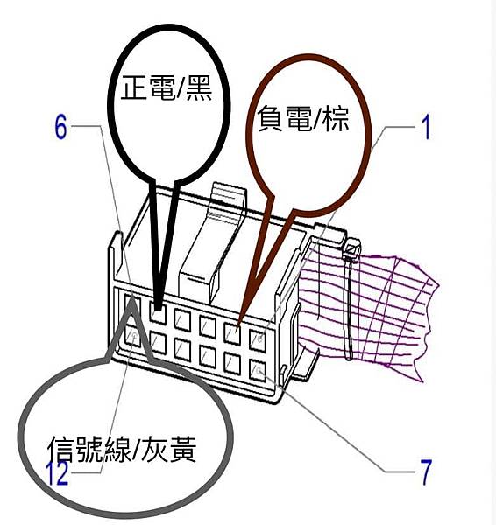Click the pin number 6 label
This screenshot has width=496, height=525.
tap(60, 127)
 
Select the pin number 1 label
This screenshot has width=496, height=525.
tap(426, 127)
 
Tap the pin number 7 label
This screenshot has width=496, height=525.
tap(426, 472)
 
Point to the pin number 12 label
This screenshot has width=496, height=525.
tap(59, 473)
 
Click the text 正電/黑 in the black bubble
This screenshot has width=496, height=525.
tap(167, 88)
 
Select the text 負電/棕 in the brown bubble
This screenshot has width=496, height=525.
tap(303, 118)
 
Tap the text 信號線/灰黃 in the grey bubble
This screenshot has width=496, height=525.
tap(122, 450)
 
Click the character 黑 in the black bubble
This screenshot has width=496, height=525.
tap(199, 88)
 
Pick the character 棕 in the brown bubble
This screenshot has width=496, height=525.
tap(336, 118)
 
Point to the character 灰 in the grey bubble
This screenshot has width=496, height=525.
tap(154, 450)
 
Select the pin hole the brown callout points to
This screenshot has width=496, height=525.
tap(232, 332)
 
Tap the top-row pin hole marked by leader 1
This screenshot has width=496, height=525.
tap(258, 339)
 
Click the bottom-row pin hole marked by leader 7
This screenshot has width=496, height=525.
tap(258, 370)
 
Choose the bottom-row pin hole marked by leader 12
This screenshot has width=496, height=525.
tap(133, 337)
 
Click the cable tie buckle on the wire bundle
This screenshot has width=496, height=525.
tap(351, 250)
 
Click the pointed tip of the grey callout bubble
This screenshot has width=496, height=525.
tap(131, 303)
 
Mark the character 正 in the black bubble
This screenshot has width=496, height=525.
tap(134, 88)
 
